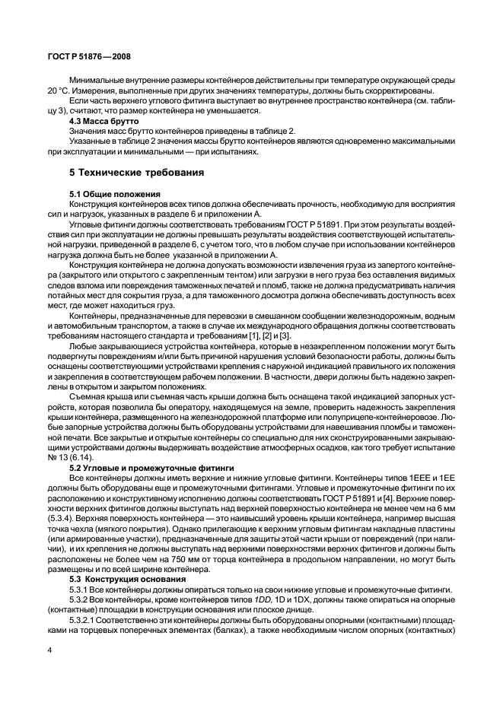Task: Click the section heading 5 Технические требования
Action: coord(137,173)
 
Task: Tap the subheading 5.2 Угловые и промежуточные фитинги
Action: coord(151,466)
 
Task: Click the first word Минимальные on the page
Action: coord(99,78)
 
